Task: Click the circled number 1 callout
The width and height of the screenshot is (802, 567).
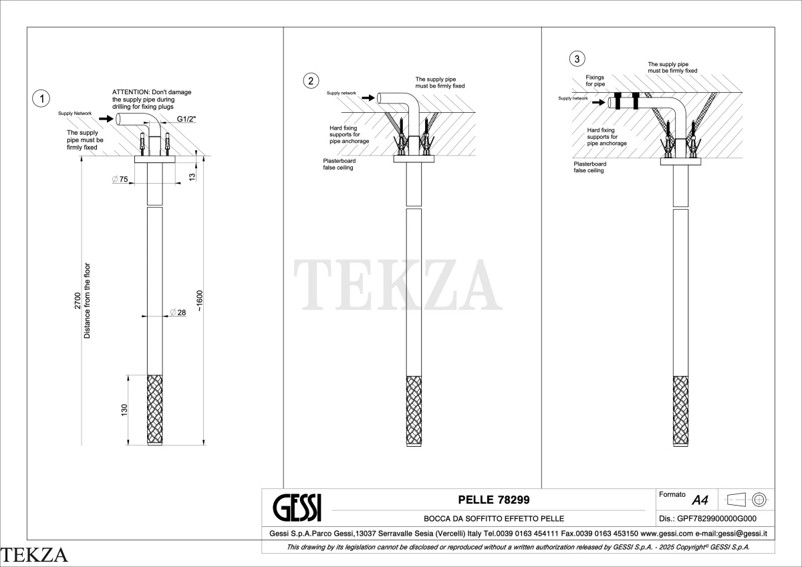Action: pyautogui.click(x=41, y=98)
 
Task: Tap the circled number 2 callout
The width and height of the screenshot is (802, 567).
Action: pyautogui.click(x=311, y=81)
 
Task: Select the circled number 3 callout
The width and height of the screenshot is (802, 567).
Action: pyautogui.click(x=577, y=59)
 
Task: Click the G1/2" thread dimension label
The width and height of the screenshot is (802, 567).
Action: pyautogui.click(x=186, y=119)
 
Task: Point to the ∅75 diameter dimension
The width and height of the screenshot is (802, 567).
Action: pyautogui.click(x=120, y=179)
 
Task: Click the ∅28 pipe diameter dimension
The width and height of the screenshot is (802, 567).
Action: pyautogui.click(x=178, y=313)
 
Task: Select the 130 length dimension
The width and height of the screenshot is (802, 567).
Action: pyautogui.click(x=124, y=410)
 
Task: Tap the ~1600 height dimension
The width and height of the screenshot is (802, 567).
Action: pyautogui.click(x=200, y=301)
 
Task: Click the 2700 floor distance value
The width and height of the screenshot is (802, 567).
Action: pyautogui.click(x=78, y=301)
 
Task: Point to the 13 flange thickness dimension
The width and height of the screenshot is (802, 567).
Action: pyautogui.click(x=192, y=177)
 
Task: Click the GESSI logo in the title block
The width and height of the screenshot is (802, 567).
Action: pyautogui.click(x=297, y=508)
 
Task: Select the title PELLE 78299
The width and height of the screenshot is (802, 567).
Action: pyautogui.click(x=494, y=500)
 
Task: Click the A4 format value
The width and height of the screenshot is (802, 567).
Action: pyautogui.click(x=700, y=500)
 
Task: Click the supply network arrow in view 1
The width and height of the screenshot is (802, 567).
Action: pyautogui.click(x=106, y=118)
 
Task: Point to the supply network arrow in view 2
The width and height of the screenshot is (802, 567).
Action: pyautogui.click(x=368, y=98)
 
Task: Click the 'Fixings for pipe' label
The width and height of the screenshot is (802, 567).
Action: pyautogui.click(x=595, y=81)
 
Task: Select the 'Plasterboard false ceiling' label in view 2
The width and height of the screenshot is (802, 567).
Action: pyautogui.click(x=339, y=164)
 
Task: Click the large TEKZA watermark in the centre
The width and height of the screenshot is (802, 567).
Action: pyautogui.click(x=398, y=285)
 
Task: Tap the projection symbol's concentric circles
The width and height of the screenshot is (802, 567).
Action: pyautogui.click(x=759, y=500)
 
